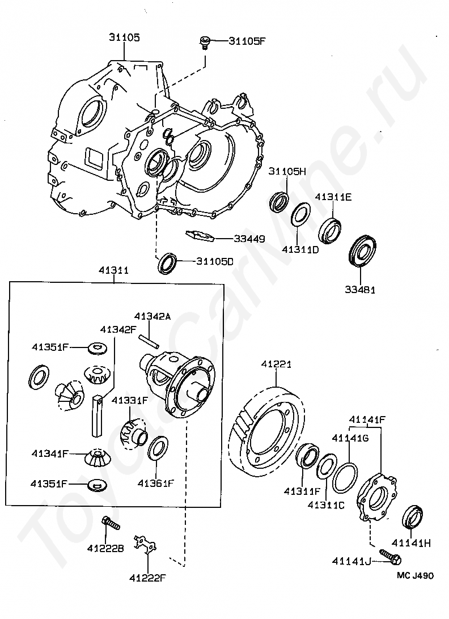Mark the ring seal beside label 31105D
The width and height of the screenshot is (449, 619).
coord(168,262)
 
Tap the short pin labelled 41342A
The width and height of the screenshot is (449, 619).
coord(149,342)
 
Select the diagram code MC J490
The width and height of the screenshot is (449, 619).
coord(415,575)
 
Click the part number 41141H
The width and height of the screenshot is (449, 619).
coord(412,542)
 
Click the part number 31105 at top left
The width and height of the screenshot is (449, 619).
coord(124,37)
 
